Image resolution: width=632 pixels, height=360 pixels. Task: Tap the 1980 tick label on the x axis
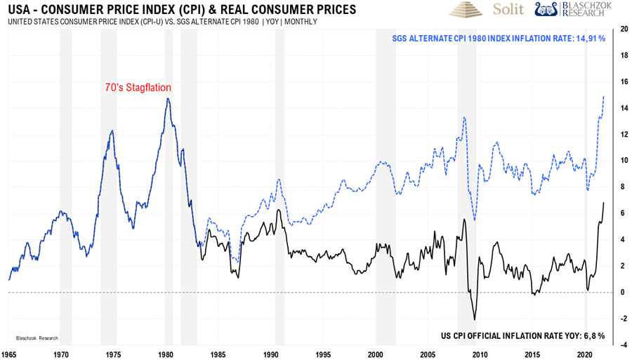point(165,354)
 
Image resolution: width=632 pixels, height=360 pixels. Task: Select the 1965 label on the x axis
point(8,354)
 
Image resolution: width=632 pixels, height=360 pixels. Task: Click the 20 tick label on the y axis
point(622,29)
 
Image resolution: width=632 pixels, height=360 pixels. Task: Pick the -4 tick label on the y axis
point(622,345)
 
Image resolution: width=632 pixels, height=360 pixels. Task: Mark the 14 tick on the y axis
point(622,108)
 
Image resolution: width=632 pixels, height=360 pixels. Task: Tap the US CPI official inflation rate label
point(522,336)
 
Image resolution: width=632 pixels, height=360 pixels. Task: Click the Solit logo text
point(508,10)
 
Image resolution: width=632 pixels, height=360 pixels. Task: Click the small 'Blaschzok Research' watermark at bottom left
point(33,337)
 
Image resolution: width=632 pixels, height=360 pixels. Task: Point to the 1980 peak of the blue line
point(167,98)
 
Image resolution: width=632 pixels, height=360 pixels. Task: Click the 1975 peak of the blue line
point(112,131)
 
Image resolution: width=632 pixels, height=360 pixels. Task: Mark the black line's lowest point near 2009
point(475,319)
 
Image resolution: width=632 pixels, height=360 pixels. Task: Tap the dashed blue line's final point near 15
point(604,96)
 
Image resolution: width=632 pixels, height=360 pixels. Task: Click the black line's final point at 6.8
point(604,203)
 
